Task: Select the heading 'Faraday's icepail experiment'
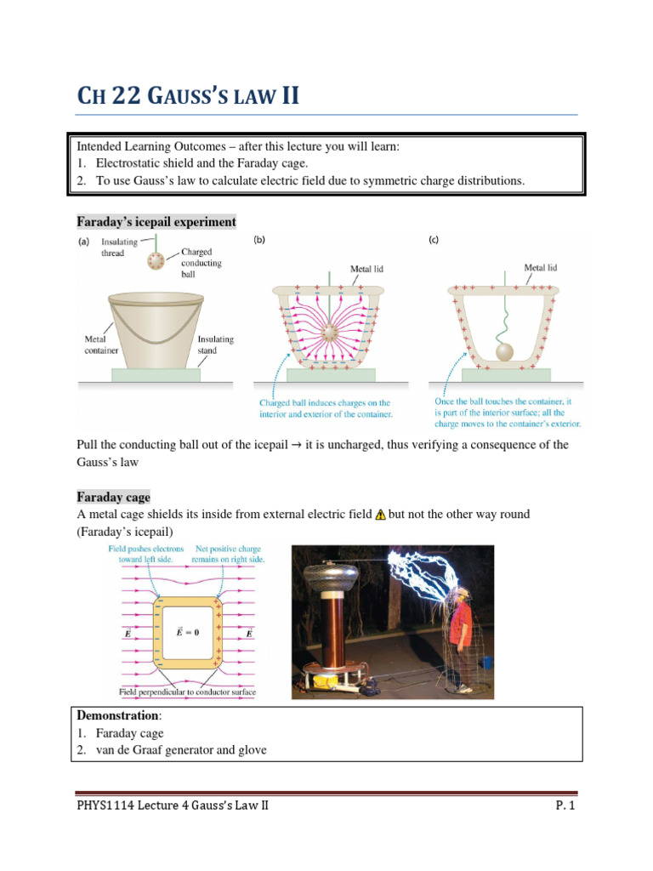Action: pos(156,222)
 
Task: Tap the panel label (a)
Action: pos(84,241)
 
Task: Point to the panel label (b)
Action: pos(259,241)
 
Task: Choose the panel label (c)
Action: pos(433,241)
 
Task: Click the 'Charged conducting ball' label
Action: pos(202,263)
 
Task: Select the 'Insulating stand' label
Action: pos(215,344)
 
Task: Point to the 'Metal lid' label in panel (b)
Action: pos(367,269)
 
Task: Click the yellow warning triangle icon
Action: pos(380,515)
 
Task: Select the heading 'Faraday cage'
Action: pos(113,497)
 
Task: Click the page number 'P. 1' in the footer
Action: pos(565,806)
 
